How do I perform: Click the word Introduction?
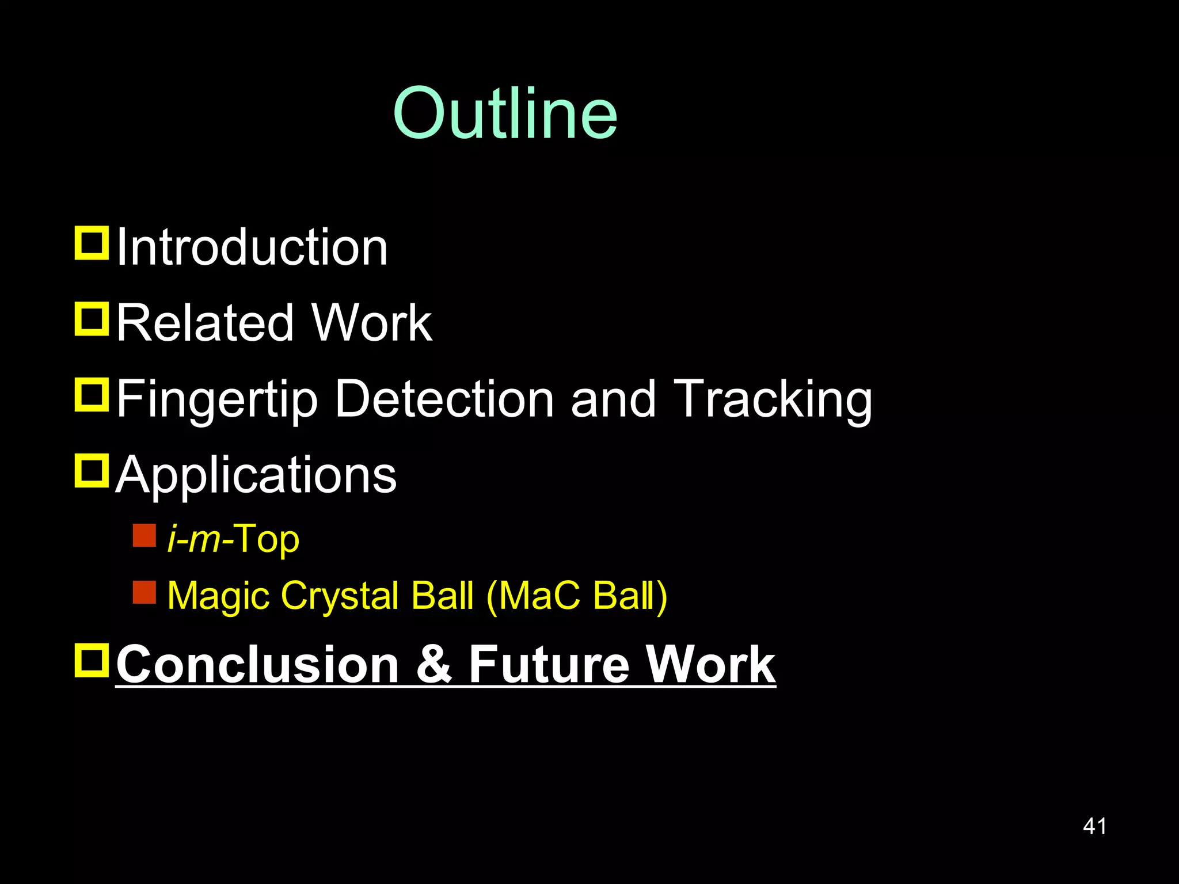(252, 247)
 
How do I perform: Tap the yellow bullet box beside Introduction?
(92, 243)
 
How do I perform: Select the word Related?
(205, 323)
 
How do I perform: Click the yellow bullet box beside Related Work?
(92, 318)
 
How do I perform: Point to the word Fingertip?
(217, 399)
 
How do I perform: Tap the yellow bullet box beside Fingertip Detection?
(92, 394)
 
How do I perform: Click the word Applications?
(256, 475)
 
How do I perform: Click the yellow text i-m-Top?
(233, 539)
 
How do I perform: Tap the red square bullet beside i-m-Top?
(144, 535)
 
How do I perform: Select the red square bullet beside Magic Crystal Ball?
(144, 592)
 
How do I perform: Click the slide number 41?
(1094, 826)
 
